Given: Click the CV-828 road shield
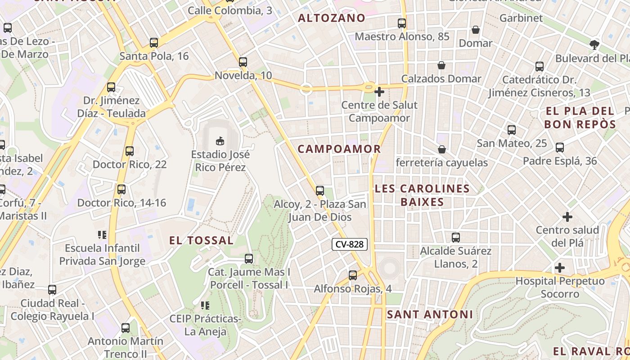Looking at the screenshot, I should pos(350,245).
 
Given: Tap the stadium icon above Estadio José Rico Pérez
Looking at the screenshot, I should pos(220,141).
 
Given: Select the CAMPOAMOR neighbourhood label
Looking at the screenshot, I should pos(339,149).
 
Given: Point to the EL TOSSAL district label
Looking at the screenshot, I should pos(201,240).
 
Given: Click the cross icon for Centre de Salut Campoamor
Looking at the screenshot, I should pos(379,92).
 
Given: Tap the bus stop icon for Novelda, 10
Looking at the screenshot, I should pos(243,62).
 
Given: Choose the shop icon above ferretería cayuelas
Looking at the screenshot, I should pos(442,149).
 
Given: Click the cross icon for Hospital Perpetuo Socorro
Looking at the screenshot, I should pos(560,268).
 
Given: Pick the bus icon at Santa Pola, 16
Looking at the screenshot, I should pos(154,43).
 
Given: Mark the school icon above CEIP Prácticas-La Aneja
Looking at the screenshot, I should pos(205,306).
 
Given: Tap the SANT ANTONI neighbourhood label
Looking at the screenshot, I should pos(430,315).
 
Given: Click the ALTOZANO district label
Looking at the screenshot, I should pos(332,18).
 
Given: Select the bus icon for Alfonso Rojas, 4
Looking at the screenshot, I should pos(353,275).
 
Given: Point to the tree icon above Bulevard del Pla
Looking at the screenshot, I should pos(594,45).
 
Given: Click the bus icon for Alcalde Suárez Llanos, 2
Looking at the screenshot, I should pos(456,238).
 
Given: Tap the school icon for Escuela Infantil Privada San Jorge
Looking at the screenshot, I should pos(102,234).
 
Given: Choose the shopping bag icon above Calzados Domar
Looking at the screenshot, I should pos(441,65).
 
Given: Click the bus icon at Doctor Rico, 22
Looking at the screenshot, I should pos(130,151).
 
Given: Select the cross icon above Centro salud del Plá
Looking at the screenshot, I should pos(567,217).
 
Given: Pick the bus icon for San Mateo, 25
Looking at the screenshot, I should pos(512,130).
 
